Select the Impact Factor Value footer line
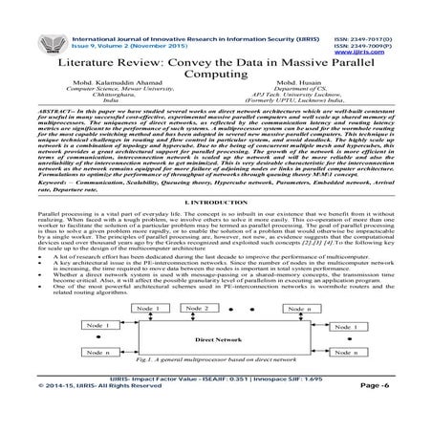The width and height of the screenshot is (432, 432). pos(216,406)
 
